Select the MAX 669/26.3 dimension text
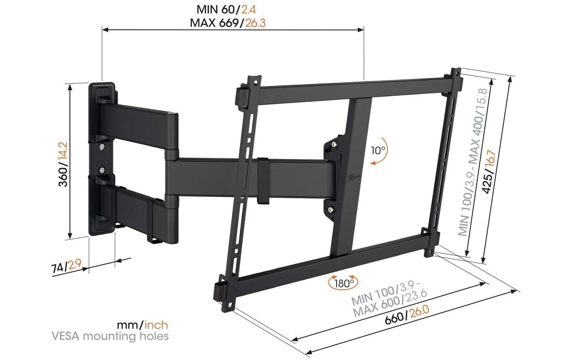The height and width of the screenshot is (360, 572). (x=228, y=23)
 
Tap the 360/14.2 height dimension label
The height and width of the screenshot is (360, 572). (x=63, y=164)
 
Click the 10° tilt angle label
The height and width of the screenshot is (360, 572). (x=378, y=150)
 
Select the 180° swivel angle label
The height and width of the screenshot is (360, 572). (x=344, y=283)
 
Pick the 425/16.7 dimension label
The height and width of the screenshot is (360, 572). (x=489, y=172)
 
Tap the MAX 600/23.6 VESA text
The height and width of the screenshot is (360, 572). (x=389, y=306)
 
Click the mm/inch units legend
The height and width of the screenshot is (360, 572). (x=142, y=324)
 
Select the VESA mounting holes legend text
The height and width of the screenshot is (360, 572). (x=110, y=336)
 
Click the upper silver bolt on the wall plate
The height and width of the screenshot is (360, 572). (x=102, y=147)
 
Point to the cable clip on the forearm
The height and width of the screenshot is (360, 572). (x=263, y=181)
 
